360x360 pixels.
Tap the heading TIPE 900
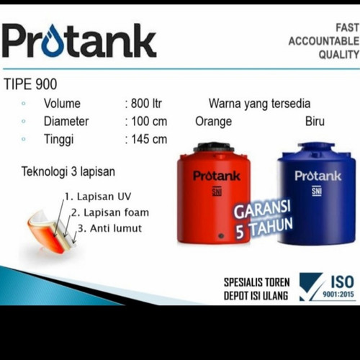click(30, 84)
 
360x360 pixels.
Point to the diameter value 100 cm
click(148, 121)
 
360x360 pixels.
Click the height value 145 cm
click(148, 139)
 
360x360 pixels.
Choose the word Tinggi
click(60, 139)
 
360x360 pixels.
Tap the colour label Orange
click(213, 121)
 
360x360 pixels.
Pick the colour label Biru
click(315, 121)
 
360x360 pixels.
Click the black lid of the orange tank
click(214, 148)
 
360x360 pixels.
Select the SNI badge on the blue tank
click(317, 191)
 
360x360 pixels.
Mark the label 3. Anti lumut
click(109, 228)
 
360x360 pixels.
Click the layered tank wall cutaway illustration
click(46, 227)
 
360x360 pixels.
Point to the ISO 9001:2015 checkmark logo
click(313, 285)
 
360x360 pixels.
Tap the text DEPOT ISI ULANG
click(256, 296)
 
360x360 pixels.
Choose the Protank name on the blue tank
click(317, 176)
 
